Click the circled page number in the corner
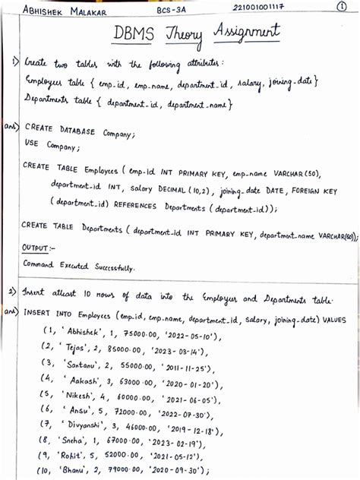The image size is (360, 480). pos(346,8)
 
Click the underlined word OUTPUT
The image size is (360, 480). pos(38,248)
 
